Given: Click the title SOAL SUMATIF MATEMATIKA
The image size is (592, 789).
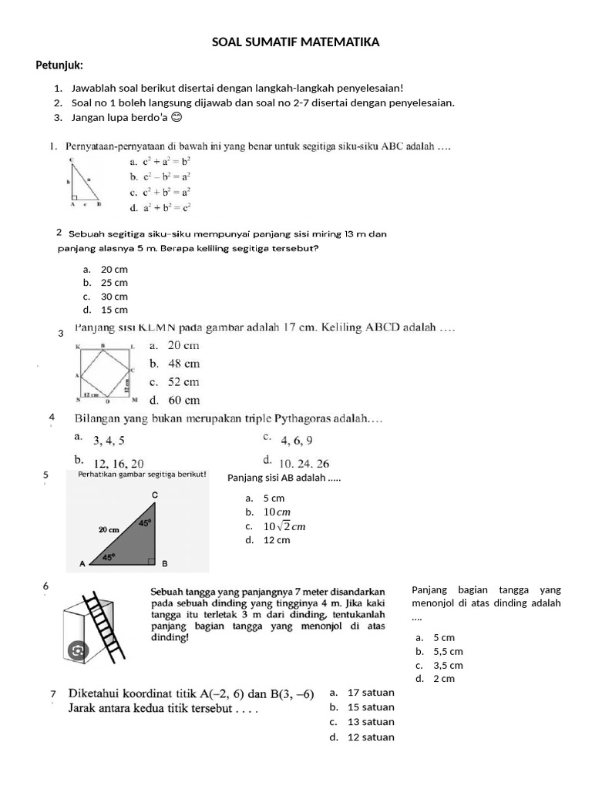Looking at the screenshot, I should (x=296, y=43).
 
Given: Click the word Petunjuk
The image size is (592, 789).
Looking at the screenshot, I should (x=59, y=65).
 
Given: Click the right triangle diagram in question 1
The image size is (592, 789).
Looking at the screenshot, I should (x=84, y=183).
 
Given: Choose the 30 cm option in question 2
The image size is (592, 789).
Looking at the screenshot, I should (x=114, y=297).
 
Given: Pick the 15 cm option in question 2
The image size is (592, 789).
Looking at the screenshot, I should (x=114, y=310).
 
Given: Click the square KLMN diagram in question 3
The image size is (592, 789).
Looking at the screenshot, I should (x=106, y=373).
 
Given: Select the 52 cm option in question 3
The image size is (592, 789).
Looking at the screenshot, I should (x=175, y=382).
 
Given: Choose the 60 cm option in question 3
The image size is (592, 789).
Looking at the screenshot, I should (x=175, y=400).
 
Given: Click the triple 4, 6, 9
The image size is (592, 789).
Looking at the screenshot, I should (x=297, y=441).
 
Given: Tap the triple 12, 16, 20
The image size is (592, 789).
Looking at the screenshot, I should (x=118, y=463).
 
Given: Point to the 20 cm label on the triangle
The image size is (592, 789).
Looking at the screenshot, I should (x=109, y=530).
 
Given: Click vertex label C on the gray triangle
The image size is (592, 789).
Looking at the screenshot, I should (x=155, y=494).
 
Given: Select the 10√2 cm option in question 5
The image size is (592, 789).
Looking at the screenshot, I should (x=284, y=526).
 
